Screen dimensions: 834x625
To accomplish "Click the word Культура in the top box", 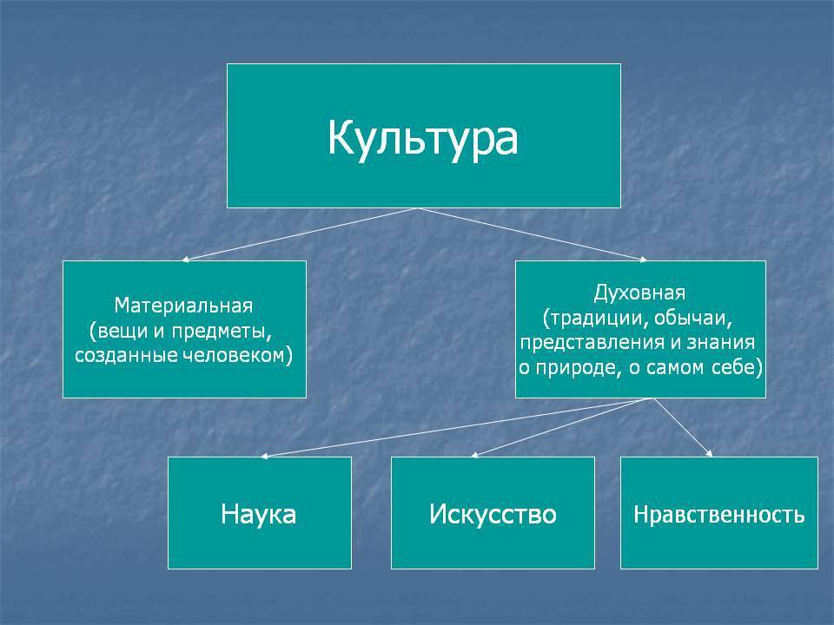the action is (x=423, y=139).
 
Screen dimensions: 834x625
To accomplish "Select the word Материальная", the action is (x=183, y=306).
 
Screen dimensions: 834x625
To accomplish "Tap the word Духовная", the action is (x=640, y=293).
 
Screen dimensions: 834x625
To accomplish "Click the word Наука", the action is (x=259, y=514).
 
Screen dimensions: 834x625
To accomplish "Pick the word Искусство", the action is (x=493, y=514).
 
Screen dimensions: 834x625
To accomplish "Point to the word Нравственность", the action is (x=718, y=515).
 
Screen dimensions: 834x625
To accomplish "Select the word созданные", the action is (x=127, y=356).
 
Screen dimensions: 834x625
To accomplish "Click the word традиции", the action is (x=596, y=319).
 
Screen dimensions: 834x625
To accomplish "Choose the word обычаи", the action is (x=693, y=319).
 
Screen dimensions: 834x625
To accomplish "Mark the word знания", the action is (x=721, y=343).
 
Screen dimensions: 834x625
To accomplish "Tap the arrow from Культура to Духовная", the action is (x=532, y=234).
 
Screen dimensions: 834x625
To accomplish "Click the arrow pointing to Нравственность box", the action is (x=683, y=427).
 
